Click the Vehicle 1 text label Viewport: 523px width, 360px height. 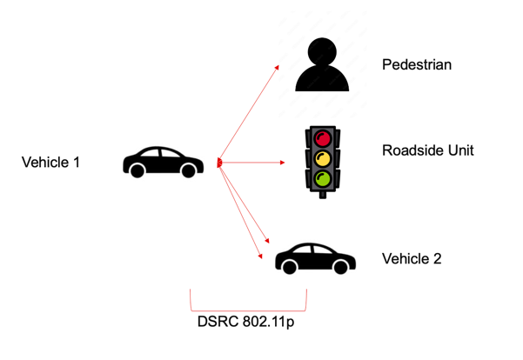point(50,161)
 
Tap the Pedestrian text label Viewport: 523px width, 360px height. point(417,65)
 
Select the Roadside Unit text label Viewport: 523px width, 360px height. point(427,150)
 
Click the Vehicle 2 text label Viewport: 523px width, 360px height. point(412,259)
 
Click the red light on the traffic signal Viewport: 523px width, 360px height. point(323,138)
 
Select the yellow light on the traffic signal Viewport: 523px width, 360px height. point(323,158)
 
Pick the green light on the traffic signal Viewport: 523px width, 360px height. point(323,179)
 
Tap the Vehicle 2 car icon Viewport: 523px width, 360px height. point(315,257)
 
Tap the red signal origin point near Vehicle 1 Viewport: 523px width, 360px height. point(221,163)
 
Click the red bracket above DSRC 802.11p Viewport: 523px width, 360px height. point(248,307)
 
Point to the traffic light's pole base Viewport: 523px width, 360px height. point(323,195)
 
